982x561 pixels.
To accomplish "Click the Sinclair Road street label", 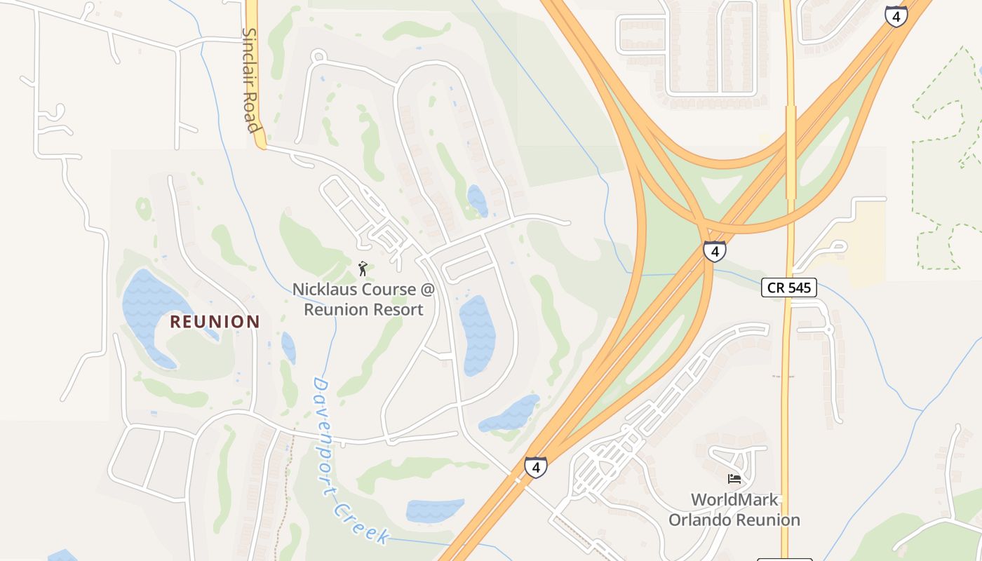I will [251, 80].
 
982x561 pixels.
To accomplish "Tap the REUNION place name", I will [215, 322].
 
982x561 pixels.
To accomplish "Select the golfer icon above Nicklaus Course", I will [363, 268].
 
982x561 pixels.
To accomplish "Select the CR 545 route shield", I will [789, 287].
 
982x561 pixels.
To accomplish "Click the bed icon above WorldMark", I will [734, 479].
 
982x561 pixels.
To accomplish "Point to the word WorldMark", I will [734, 500].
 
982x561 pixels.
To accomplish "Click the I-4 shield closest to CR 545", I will [714, 251].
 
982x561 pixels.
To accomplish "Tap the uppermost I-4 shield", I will [896, 16].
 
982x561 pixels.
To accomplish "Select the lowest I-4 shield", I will [535, 467].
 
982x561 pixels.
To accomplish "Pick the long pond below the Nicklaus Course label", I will [478, 334].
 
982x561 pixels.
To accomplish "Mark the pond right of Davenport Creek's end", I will [435, 511].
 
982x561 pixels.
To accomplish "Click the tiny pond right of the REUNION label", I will [288, 347].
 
